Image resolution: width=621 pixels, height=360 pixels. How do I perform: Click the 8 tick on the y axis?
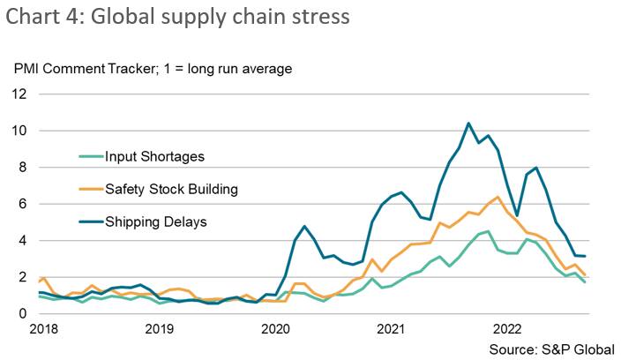click(21, 168)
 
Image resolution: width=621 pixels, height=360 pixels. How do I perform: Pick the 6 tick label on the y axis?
click(21, 204)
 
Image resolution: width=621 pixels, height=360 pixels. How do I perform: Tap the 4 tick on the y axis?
click(21, 241)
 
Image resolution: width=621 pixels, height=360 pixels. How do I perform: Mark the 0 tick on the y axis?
click(21, 313)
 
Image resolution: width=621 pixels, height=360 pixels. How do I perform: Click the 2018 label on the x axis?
click(43, 330)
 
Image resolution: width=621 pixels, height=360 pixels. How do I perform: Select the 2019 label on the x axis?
click(159, 330)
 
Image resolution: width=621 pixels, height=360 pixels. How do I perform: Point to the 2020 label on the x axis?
click(275, 330)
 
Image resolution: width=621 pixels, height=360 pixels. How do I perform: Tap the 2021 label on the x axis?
click(392, 330)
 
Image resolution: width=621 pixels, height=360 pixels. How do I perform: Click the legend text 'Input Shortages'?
click(154, 157)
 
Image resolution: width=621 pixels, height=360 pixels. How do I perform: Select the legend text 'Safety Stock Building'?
click(171, 189)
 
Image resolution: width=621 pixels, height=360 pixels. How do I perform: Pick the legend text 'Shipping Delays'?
click(155, 221)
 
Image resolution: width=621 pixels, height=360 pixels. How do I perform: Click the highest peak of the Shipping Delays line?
click(468, 124)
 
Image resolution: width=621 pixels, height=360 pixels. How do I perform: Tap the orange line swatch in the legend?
click(87, 189)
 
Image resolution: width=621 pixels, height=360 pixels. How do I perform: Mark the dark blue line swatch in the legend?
click(87, 221)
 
